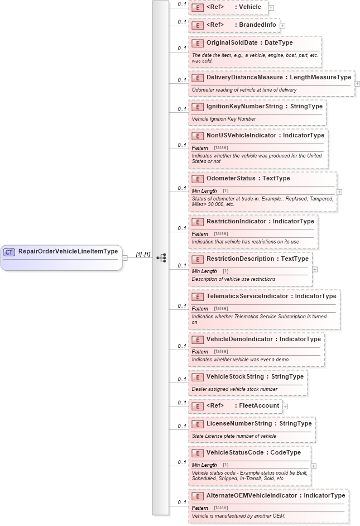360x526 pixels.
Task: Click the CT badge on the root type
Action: click(x=9, y=252)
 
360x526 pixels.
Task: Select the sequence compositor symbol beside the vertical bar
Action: click(x=161, y=257)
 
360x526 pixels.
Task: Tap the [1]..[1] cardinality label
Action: click(x=143, y=255)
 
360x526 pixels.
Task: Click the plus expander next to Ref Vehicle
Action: click(x=271, y=8)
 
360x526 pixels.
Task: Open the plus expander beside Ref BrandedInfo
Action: click(x=282, y=25)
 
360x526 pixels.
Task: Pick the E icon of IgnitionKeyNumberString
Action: click(x=197, y=106)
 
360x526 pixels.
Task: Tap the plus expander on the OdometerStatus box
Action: click(x=339, y=192)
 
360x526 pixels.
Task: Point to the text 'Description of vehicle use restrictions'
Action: click(x=233, y=279)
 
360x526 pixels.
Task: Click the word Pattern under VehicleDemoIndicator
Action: click(x=200, y=352)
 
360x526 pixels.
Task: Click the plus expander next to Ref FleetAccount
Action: click(x=285, y=406)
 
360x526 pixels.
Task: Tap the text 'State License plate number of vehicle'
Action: click(x=234, y=436)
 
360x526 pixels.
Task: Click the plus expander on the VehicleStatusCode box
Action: click(x=314, y=465)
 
